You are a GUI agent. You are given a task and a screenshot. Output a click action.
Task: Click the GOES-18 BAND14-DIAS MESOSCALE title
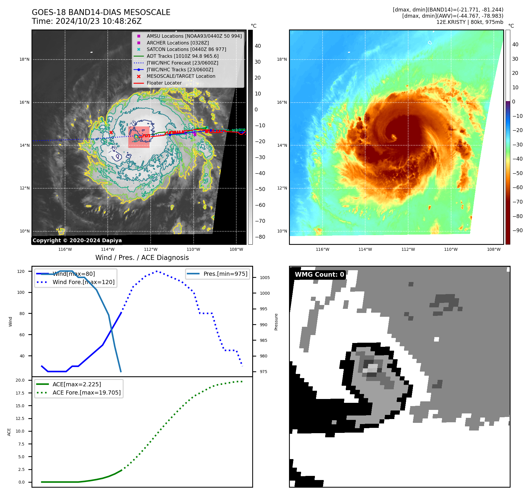click(101, 12)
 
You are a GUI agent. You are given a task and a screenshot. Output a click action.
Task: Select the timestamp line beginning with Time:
click(87, 21)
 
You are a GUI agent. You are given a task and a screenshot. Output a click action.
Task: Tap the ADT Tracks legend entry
click(182, 56)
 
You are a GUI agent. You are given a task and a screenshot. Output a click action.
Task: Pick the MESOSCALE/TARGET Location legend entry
click(181, 76)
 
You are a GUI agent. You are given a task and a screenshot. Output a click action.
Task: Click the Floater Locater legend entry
click(164, 83)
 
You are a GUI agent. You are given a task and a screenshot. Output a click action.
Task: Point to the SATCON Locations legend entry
click(186, 49)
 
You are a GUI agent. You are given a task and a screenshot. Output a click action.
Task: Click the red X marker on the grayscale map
click(111, 133)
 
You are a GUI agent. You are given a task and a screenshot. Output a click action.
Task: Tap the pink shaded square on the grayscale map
click(139, 137)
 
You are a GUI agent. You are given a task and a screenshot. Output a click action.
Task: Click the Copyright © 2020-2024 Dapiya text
click(77, 240)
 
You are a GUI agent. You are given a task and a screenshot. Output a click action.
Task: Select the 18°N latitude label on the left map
click(24, 60)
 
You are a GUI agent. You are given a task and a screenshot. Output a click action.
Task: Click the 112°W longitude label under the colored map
click(408, 249)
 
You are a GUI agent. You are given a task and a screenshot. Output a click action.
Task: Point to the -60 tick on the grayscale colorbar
click(260, 205)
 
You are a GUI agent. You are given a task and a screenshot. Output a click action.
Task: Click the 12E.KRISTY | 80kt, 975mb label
click(470, 22)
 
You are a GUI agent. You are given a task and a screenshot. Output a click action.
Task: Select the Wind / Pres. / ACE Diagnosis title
click(142, 258)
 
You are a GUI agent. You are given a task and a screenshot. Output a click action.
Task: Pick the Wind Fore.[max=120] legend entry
click(84, 282)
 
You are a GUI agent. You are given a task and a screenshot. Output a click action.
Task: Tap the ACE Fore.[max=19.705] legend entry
click(87, 393)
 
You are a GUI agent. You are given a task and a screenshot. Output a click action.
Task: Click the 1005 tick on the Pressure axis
click(265, 278)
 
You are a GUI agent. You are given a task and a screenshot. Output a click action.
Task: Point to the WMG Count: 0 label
click(319, 275)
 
